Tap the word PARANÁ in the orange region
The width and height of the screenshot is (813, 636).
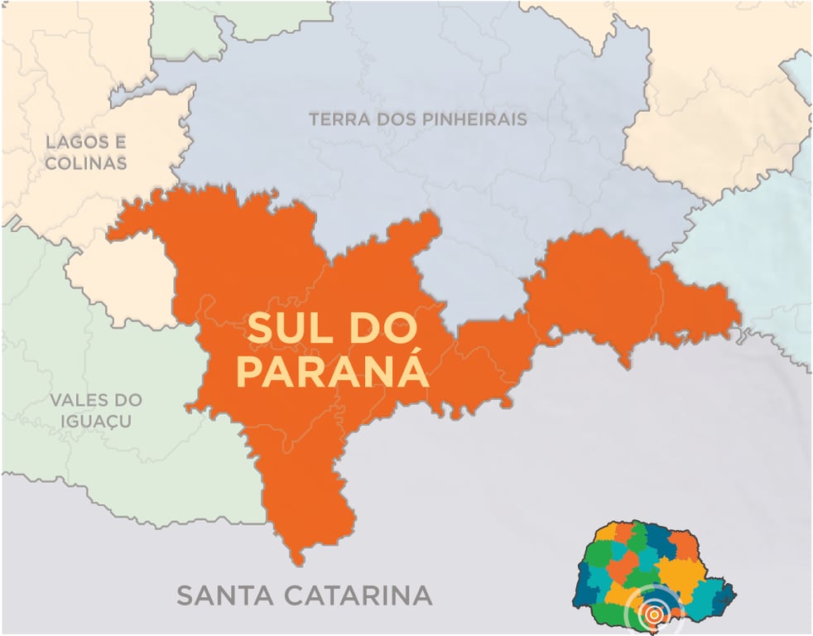[332, 372]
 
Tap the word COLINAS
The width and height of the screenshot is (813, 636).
[86, 163]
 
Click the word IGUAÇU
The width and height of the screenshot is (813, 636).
[95, 422]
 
